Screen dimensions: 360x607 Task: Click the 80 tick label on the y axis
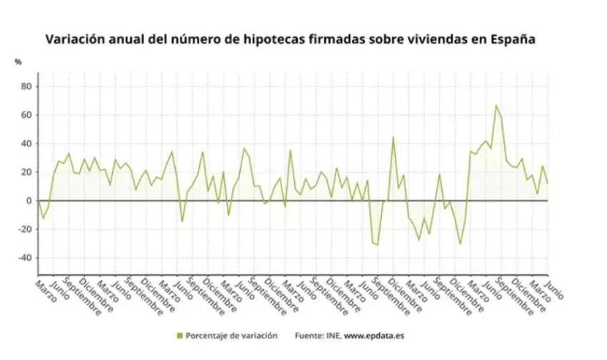(26, 86)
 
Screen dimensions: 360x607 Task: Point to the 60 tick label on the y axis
(26, 115)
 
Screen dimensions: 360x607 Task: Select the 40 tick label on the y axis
(26, 144)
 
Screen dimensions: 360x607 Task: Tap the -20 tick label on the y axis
(25, 229)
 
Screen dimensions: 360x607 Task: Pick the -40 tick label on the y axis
(25, 258)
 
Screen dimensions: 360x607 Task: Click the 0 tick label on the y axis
(29, 201)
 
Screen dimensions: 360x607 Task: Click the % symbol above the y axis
(19, 61)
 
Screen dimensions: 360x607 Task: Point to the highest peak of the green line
(496, 106)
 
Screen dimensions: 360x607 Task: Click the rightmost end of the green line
(548, 183)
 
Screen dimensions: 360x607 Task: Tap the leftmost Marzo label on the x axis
(45, 289)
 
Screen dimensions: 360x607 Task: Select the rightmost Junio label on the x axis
(553, 289)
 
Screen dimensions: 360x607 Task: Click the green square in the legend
(179, 335)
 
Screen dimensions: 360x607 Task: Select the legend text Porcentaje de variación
(231, 335)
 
